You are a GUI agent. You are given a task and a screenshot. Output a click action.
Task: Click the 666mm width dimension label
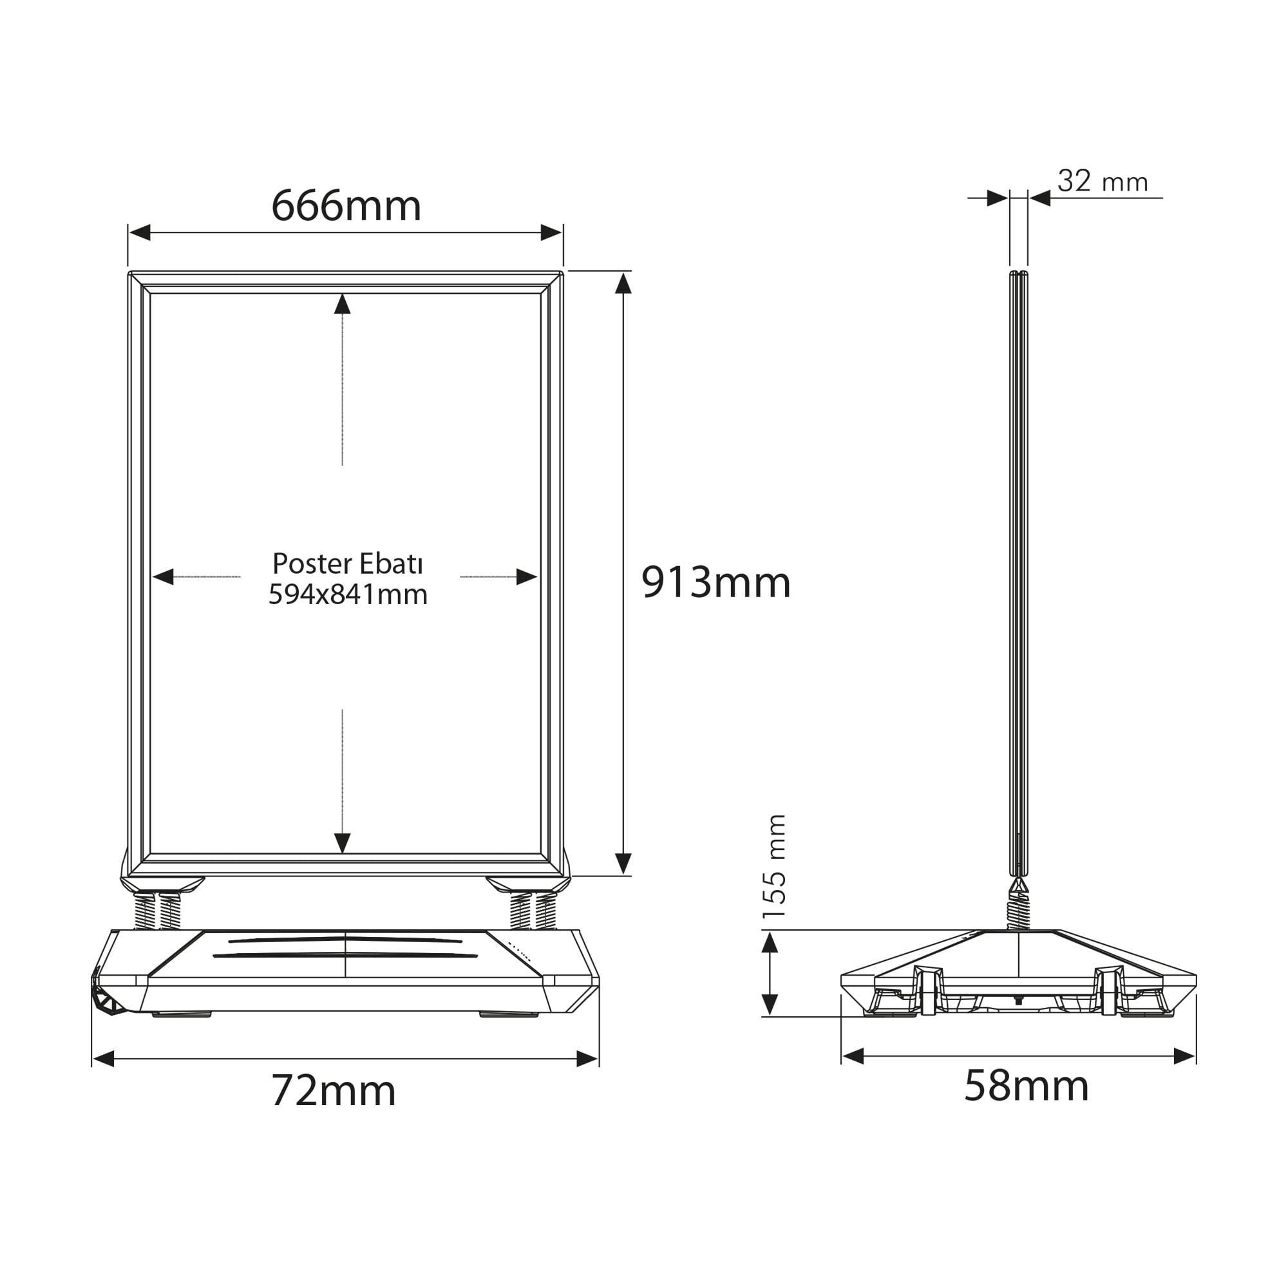[x=346, y=206]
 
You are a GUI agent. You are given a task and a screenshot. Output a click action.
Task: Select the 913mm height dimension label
[x=716, y=582]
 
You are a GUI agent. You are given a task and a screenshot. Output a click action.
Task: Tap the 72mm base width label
[x=334, y=1092]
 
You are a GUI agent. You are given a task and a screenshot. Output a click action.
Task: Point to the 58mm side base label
[x=1027, y=1086]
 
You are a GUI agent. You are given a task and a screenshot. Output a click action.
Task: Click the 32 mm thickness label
[x=1103, y=182]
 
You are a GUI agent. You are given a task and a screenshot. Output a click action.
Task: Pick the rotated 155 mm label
[x=775, y=866]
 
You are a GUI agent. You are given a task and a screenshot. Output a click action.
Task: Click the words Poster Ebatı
[x=348, y=564]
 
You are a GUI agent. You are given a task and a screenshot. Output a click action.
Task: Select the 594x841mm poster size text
[x=348, y=594]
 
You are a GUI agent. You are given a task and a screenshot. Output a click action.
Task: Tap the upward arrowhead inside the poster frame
[x=343, y=304]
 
